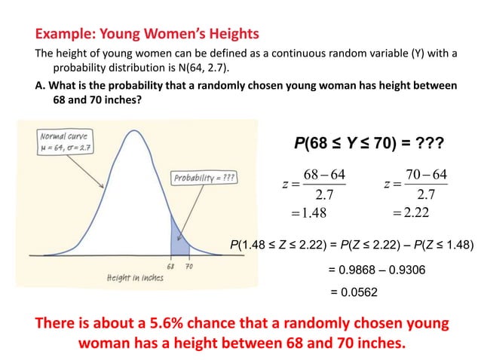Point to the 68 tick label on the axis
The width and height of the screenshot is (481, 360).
click(x=170, y=266)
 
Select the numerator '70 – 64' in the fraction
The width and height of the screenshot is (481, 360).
click(x=426, y=175)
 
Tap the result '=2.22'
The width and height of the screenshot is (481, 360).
click(x=411, y=214)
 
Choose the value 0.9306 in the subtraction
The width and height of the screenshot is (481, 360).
click(x=410, y=267)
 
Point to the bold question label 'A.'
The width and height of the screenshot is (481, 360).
click(x=41, y=85)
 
